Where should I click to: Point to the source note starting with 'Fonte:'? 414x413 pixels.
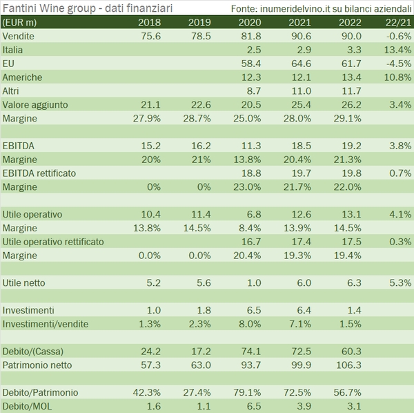coord(322,8)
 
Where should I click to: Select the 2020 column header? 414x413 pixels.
coord(250,23)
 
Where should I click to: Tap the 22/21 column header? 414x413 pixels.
coord(400,23)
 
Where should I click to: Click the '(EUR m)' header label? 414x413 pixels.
coord(20,23)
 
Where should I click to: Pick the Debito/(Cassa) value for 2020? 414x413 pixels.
coord(250,351)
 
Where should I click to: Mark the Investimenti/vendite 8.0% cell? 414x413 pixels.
coord(249,323)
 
